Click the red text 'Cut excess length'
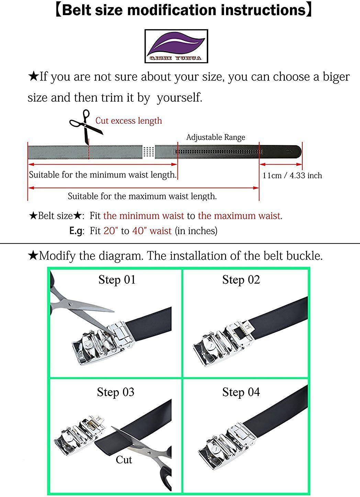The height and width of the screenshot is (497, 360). [129, 121]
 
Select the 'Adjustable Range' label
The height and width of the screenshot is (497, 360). [216, 137]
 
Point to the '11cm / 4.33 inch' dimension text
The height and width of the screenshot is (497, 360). [292, 176]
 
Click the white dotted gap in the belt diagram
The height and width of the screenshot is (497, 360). [148, 152]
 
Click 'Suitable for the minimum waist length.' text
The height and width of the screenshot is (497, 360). [103, 174]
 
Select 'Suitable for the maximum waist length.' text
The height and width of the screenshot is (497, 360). [142, 196]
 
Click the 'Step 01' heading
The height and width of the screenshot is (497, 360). [117, 280]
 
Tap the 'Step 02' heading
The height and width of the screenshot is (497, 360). [241, 280]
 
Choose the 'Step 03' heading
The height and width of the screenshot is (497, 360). [116, 393]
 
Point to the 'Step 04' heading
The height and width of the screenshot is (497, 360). [241, 393]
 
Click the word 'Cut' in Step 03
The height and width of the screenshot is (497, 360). [124, 460]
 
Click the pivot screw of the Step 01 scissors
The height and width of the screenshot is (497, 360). [70, 304]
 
